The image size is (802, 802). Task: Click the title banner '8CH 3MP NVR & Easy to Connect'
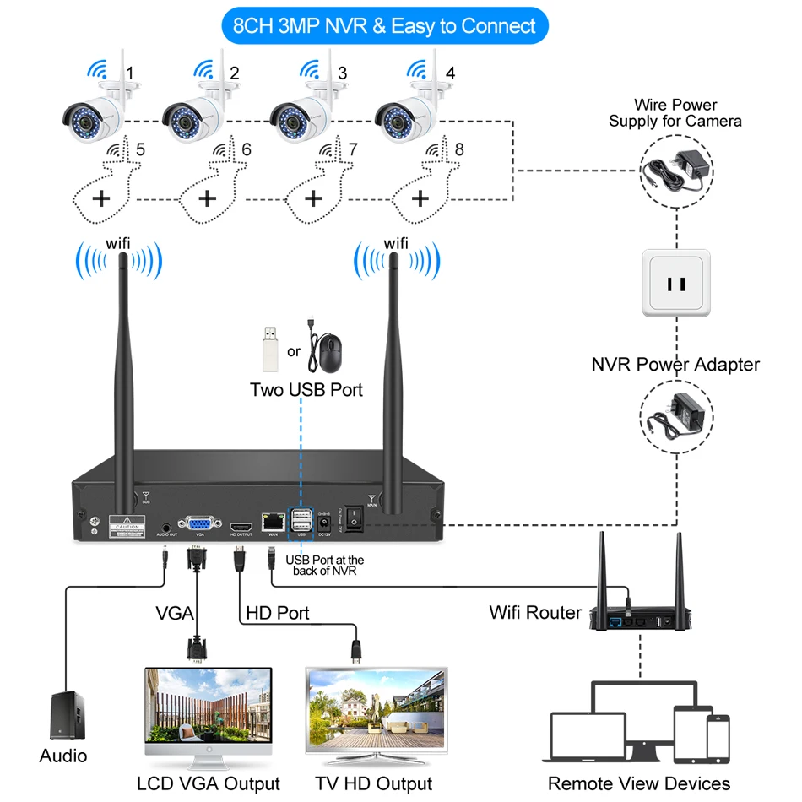384,25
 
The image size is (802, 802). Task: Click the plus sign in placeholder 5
101,198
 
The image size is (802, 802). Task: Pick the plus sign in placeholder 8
420,198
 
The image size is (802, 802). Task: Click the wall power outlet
676,283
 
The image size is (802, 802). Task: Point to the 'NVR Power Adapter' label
675,365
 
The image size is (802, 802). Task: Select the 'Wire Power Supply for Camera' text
675,113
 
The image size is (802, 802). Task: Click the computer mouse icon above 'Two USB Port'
328,351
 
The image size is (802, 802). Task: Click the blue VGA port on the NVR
200,523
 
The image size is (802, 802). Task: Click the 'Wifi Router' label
535,612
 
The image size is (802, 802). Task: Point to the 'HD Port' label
277,613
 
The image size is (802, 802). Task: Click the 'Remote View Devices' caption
639,783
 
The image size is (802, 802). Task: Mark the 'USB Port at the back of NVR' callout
325,566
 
